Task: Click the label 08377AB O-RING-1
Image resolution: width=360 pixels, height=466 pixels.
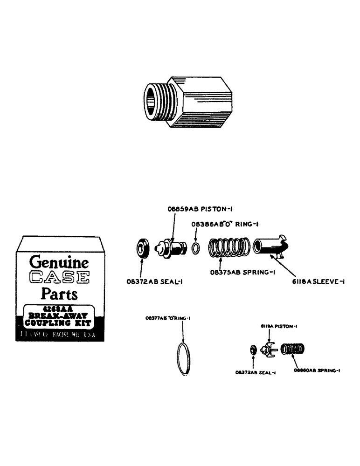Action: click(x=170, y=318)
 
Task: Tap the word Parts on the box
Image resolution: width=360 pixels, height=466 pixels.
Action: click(x=59, y=295)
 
